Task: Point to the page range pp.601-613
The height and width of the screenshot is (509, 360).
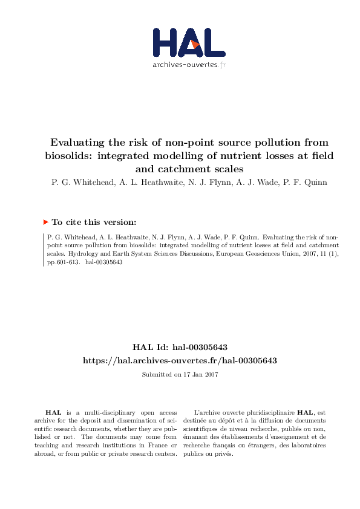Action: pos(61,263)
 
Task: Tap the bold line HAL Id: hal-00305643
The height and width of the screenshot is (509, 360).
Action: pos(180,347)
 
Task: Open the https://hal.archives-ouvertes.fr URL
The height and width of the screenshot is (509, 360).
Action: pos(180,360)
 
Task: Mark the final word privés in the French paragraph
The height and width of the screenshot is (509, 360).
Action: pos(221,454)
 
